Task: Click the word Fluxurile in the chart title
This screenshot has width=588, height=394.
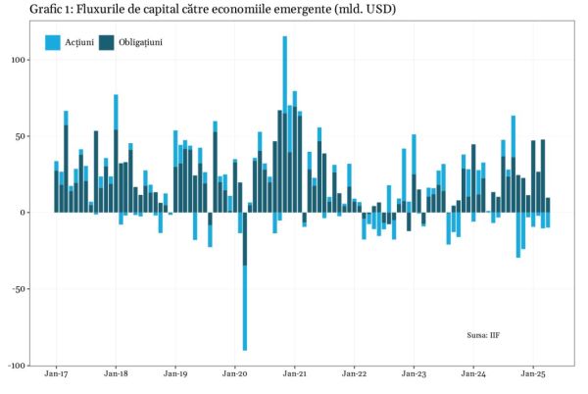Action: [x=104, y=10]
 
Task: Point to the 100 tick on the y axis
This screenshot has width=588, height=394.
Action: [x=18, y=60]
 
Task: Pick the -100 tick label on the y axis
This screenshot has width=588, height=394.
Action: [x=16, y=366]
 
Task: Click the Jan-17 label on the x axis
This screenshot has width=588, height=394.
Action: [x=56, y=374]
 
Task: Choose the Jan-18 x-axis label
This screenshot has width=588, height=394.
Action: [x=116, y=374]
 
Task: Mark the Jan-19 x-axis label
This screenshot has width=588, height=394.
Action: [x=175, y=374]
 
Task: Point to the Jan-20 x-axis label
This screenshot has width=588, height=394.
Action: [x=235, y=374]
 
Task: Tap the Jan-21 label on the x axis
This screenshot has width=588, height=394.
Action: [x=295, y=374]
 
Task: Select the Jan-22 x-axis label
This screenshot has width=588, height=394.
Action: [x=355, y=374]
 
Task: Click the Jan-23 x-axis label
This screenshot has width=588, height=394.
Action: [x=415, y=374]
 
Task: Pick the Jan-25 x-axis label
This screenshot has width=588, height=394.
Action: [x=534, y=374]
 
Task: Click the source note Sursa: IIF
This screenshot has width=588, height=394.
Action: [x=484, y=335]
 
